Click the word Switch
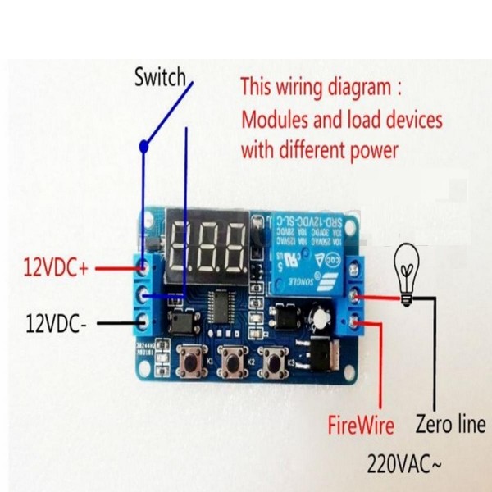(161, 78)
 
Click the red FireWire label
(361, 426)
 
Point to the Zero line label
(450, 425)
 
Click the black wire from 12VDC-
(115, 323)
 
